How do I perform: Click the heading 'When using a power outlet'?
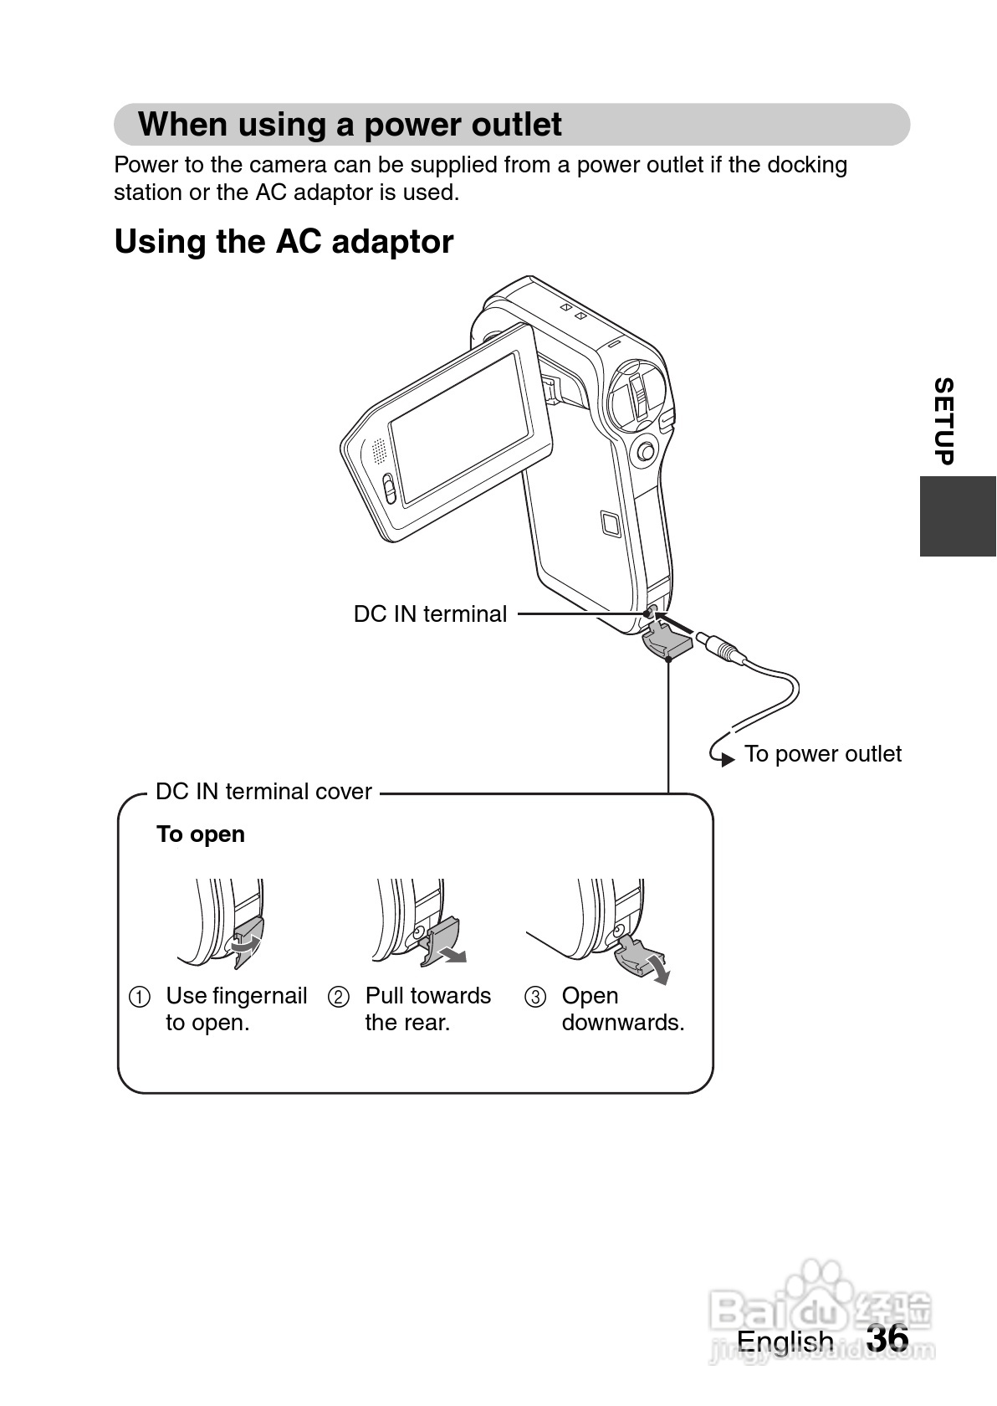[x=350, y=125]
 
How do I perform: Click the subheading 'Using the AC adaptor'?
[x=284, y=242]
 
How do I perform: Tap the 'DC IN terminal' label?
[x=430, y=614]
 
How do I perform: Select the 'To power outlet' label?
[x=822, y=754]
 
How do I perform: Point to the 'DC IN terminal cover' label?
[x=263, y=792]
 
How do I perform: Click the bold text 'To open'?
[x=201, y=834]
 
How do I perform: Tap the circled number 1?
[x=140, y=998]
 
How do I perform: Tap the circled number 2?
[x=339, y=998]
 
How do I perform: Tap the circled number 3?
[x=535, y=998]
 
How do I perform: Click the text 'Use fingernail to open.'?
[x=236, y=1009]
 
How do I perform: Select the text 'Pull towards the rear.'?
[x=427, y=1009]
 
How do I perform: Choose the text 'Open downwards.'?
[x=622, y=1009]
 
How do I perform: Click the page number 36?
[x=887, y=1337]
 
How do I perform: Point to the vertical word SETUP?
[x=943, y=421]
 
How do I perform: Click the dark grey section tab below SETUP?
[x=958, y=516]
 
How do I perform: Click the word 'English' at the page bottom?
[x=785, y=1341]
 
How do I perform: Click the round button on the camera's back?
[x=645, y=452]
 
